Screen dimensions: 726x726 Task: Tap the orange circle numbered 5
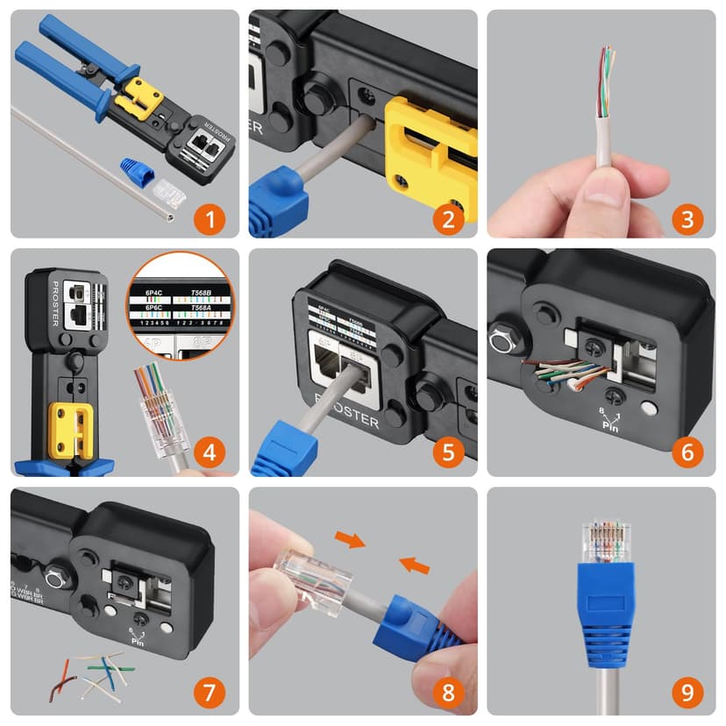(x=448, y=453)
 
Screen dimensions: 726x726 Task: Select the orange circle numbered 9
(x=687, y=692)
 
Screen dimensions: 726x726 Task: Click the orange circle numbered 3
(x=687, y=216)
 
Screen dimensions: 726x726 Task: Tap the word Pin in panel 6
(x=609, y=425)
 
